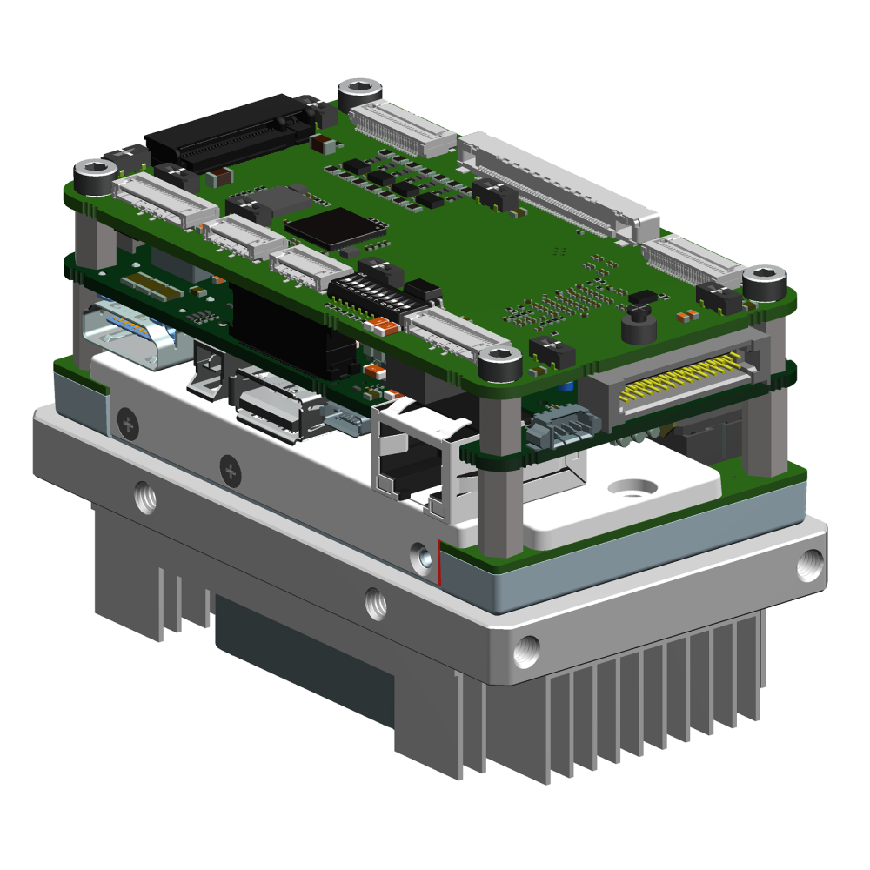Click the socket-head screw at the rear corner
(359, 89)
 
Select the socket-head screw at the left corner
(93, 172)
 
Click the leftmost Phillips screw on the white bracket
(129, 425)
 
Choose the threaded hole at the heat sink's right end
(808, 565)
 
